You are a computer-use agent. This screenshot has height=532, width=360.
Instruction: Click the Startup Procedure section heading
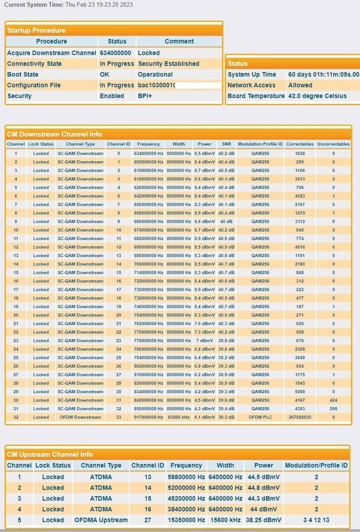36,30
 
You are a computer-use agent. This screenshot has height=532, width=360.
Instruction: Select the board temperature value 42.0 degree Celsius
317,96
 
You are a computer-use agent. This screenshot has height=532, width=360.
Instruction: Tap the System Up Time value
323,74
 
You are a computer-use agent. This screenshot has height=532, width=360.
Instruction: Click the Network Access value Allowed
300,85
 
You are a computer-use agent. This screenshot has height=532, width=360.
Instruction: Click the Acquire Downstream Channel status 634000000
115,53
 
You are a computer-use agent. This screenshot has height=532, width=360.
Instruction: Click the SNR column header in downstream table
227,144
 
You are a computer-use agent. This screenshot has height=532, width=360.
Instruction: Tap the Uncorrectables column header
333,144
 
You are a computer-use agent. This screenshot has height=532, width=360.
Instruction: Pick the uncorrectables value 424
333,400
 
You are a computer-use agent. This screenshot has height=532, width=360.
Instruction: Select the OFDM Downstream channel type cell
80,417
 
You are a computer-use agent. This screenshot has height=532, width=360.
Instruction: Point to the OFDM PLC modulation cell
261,417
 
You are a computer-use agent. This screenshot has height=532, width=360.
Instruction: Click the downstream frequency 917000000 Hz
148,417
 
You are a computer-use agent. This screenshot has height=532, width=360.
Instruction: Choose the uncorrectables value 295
333,409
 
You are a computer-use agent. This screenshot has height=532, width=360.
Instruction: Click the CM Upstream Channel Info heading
49,454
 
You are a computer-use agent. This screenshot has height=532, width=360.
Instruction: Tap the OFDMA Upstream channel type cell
101,520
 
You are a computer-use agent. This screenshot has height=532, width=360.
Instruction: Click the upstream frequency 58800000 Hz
186,477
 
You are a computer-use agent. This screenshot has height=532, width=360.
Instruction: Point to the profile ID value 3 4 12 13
316,520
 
